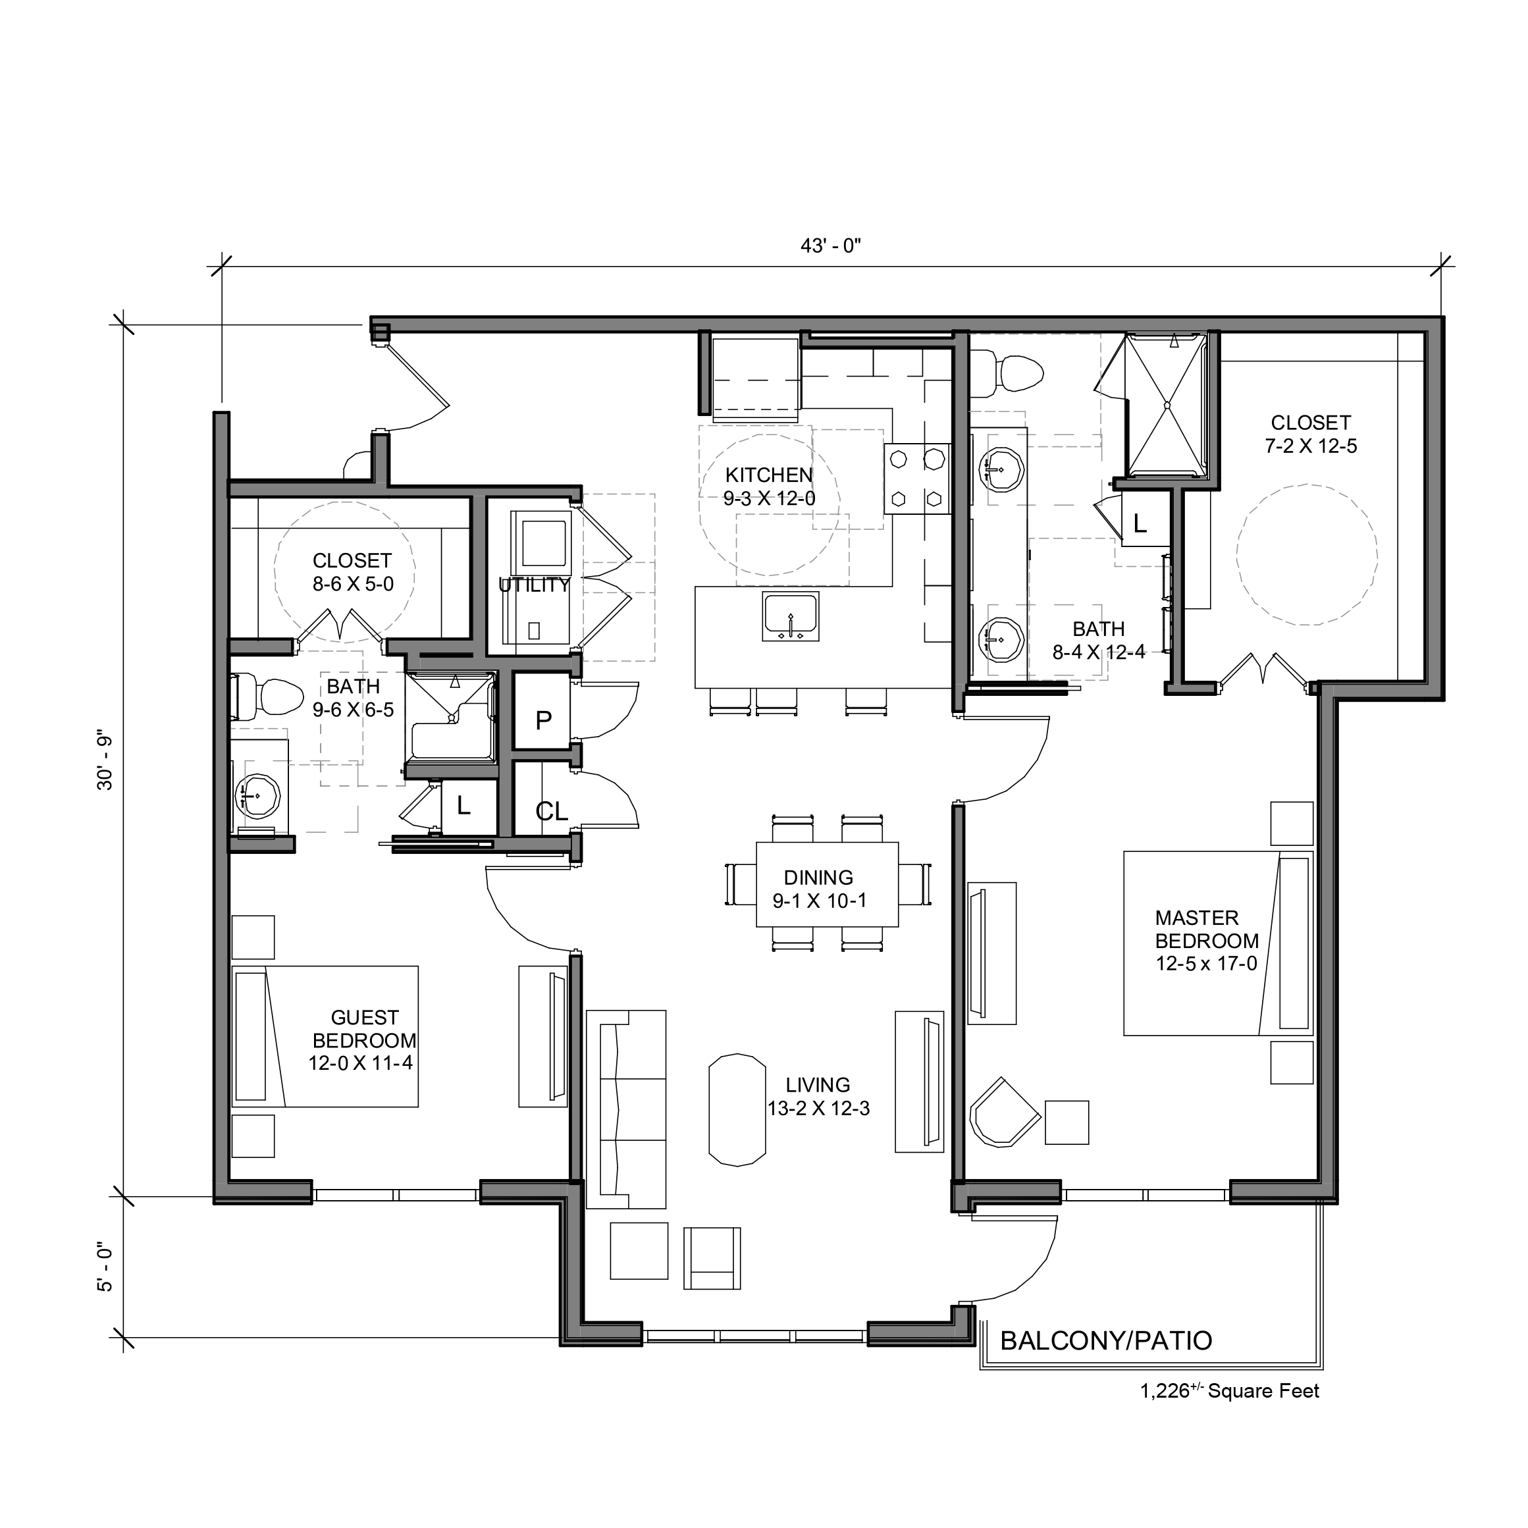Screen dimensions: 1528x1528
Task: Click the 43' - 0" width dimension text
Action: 830,246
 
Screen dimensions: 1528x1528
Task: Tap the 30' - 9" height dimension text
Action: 105,763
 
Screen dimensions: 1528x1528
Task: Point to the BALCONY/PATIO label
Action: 1105,1340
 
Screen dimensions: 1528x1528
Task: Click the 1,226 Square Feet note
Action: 1229,1391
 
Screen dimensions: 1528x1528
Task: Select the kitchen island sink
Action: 791,616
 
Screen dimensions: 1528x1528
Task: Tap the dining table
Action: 828,884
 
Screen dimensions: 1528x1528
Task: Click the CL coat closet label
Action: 551,812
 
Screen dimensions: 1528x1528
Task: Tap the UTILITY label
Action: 534,585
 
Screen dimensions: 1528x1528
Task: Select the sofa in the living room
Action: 625,1109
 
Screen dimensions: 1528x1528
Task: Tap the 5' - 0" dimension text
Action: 105,1268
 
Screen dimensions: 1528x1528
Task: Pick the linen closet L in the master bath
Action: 1140,523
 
